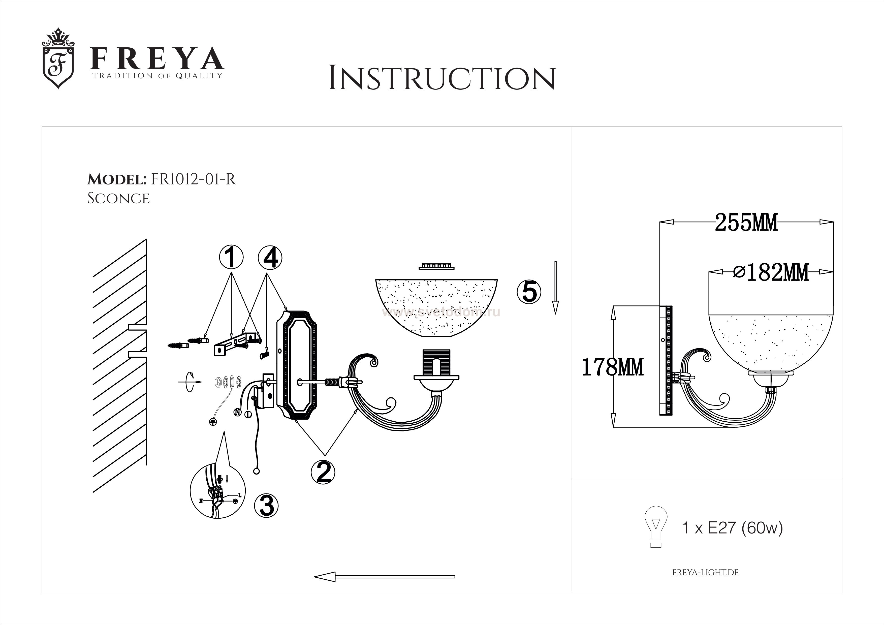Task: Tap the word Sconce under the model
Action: pyautogui.click(x=118, y=198)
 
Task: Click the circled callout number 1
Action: pyautogui.click(x=231, y=258)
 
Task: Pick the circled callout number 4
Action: pyautogui.click(x=270, y=258)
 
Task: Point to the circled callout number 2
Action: pyautogui.click(x=323, y=472)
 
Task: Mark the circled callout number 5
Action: pyautogui.click(x=529, y=292)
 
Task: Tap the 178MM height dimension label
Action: pyautogui.click(x=612, y=367)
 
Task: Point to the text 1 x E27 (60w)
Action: pyautogui.click(x=732, y=528)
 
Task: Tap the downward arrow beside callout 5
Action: pyautogui.click(x=555, y=288)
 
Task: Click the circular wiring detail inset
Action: pyautogui.click(x=217, y=491)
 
